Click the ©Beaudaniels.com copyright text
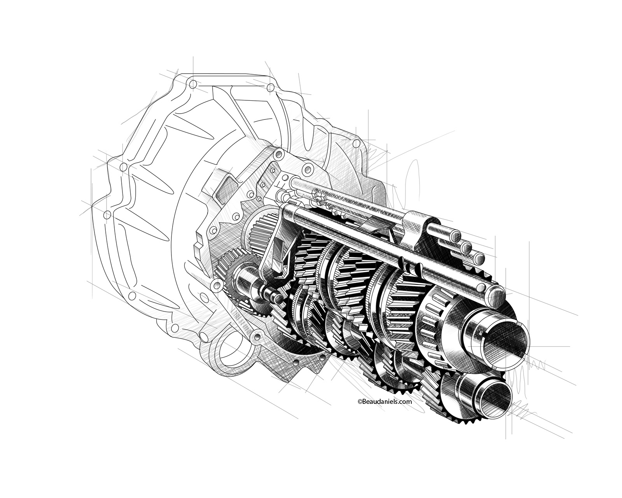tap(384, 401)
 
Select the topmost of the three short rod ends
tap(455, 236)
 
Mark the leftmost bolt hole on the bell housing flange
tap(106, 214)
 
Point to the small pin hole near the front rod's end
tap(480, 287)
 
